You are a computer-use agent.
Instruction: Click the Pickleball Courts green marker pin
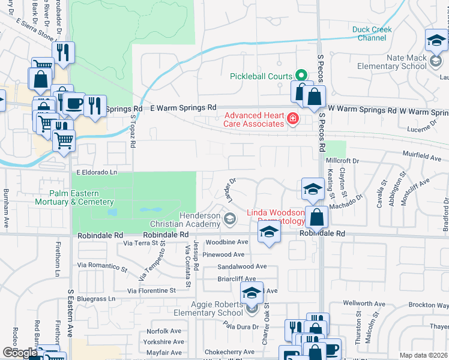point(303,76)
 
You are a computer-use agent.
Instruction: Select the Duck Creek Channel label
point(372,34)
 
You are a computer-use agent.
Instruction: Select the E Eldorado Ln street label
point(96,173)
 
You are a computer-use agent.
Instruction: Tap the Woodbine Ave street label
point(227,242)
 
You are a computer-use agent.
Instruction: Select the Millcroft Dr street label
point(342,161)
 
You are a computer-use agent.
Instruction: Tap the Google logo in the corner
point(20,353)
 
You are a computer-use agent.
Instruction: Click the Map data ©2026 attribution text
point(423,355)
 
